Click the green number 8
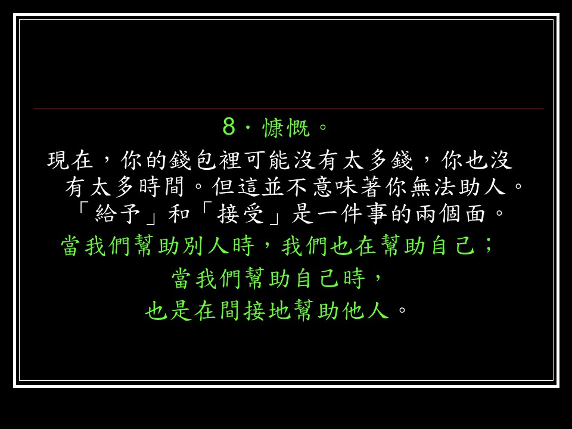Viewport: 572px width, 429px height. click(x=229, y=127)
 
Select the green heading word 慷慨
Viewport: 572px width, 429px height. click(x=287, y=128)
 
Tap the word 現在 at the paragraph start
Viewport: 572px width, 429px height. click(x=70, y=160)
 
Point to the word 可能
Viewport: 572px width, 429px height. click(x=256, y=160)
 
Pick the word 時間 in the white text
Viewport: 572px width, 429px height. click(x=161, y=186)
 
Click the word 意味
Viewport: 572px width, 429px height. click(x=335, y=186)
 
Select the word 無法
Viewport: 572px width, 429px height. click(x=433, y=186)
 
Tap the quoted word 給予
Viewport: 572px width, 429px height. click(x=118, y=213)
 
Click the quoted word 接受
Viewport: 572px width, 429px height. click(x=240, y=213)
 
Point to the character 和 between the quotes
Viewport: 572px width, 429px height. click(x=179, y=213)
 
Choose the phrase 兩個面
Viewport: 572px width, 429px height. click(x=450, y=213)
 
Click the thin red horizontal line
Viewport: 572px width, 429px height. click(x=288, y=108)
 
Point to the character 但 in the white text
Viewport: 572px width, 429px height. click(x=223, y=186)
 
